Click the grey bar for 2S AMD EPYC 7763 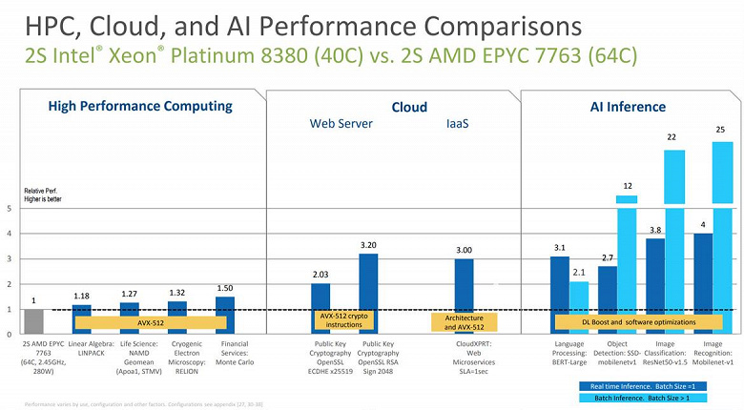pos(33,321)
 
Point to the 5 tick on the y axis pos(9,208)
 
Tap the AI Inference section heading pos(629,107)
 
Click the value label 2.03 pos(320,275)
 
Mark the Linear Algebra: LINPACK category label pos(92,348)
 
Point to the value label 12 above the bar pos(628,185)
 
